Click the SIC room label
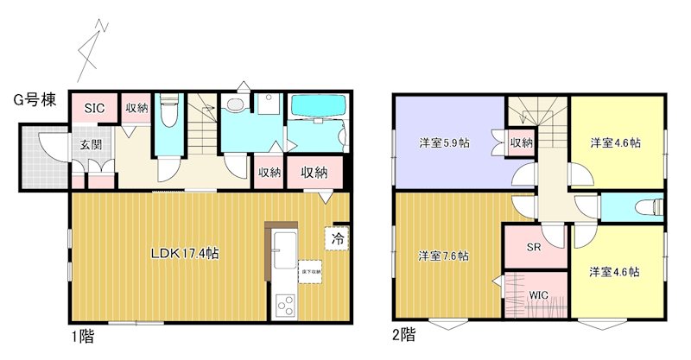tap(95, 109)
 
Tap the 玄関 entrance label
tap(91, 144)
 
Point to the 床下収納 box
tap(311, 272)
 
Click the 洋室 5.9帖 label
tap(445, 142)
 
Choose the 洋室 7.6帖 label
tap(444, 256)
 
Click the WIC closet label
tap(538, 295)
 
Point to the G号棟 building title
tap(35, 100)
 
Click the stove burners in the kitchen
tap(284, 305)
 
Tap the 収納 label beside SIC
tap(137, 109)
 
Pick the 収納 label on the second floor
tap(521, 142)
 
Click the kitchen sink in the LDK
tap(283, 251)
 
